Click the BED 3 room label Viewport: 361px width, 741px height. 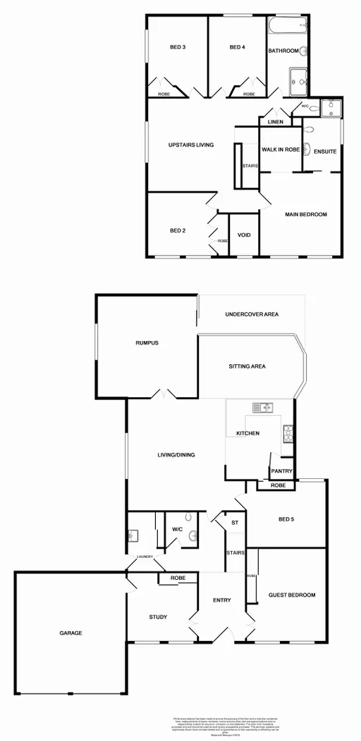click(178, 48)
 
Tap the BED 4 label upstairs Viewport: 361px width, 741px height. click(237, 48)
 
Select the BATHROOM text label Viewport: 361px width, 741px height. click(283, 51)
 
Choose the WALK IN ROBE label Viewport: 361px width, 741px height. click(281, 150)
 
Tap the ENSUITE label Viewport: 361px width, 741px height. click(324, 151)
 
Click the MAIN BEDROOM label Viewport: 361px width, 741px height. click(306, 214)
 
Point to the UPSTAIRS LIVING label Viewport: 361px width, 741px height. click(191, 145)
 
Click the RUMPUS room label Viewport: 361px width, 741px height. click(147, 343)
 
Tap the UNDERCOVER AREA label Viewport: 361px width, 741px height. click(252, 314)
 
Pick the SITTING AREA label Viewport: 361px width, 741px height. click(247, 366)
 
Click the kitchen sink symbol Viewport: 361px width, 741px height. click(265, 406)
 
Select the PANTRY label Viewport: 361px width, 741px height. click(281, 473)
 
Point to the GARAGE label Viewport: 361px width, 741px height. click(71, 633)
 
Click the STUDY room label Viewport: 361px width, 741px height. click(158, 617)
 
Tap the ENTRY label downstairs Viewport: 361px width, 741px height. click(222, 600)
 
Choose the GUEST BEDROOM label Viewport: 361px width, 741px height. click(292, 595)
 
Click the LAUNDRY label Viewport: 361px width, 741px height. click(145, 556)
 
